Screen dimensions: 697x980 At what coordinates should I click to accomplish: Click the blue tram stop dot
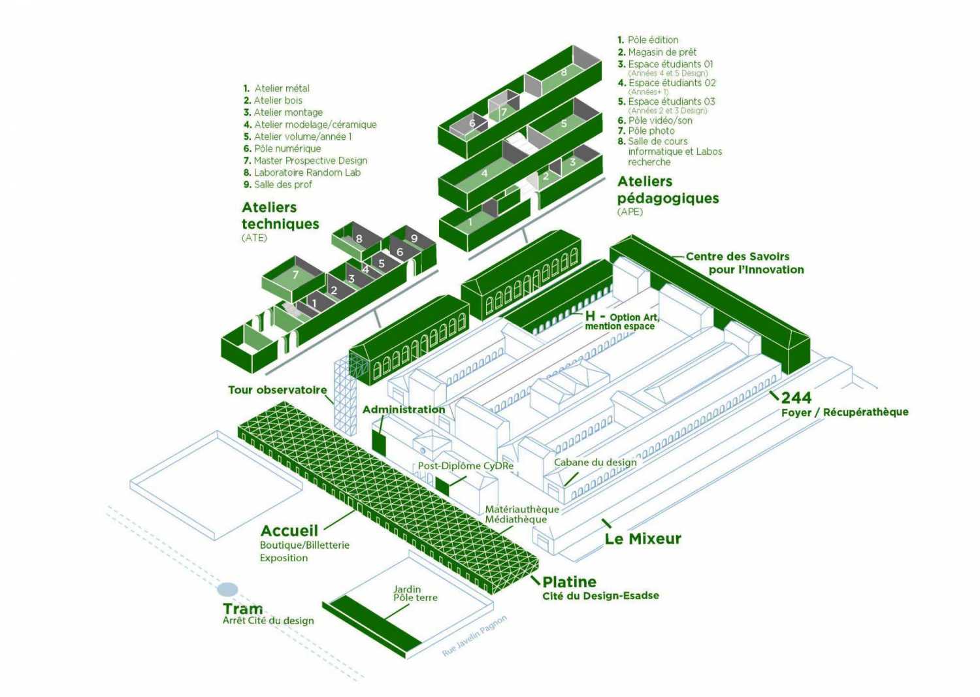pos(227,590)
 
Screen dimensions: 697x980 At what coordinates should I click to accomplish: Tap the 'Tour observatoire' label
pos(277,390)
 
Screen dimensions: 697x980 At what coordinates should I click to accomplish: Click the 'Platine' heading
pos(569,582)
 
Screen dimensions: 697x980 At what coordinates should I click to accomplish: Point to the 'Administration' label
pos(404,410)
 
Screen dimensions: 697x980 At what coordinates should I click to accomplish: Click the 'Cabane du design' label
pos(595,462)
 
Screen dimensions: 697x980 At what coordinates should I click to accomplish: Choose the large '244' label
pos(796,397)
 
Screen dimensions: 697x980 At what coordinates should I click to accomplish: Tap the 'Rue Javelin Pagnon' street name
pos(474,636)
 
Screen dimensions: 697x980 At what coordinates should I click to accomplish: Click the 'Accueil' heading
pos(289,531)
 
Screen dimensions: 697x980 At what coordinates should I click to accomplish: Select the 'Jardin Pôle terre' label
pos(415,593)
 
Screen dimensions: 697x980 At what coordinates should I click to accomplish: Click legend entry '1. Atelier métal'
pos(276,88)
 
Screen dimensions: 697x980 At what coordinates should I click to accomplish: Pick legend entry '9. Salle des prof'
pos(278,184)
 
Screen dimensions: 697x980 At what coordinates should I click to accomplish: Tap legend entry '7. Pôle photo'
pos(646,131)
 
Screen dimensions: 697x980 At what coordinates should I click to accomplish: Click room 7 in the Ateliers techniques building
pos(295,275)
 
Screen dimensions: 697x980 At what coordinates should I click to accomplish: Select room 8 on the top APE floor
pos(564,73)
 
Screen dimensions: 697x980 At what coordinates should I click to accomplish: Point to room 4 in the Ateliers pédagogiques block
pos(484,173)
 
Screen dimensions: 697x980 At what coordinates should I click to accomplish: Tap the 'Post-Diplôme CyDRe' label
pos(465,466)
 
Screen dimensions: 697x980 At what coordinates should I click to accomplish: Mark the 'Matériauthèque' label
pos(521,509)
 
